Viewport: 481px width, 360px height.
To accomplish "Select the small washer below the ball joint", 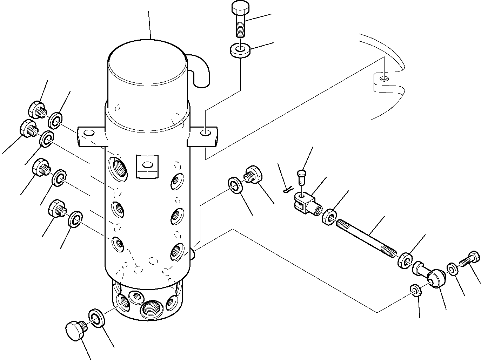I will [x=415, y=291].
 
